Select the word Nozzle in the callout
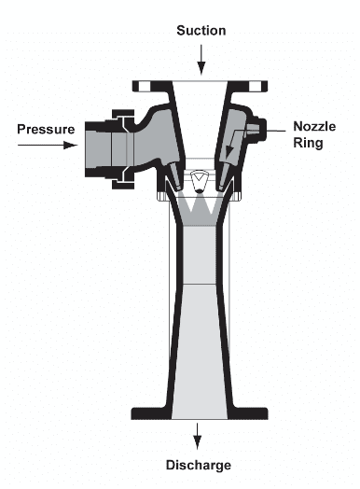tap(317, 126)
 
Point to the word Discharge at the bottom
tap(199, 464)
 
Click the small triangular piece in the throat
tap(198, 178)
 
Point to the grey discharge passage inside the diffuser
tap(198, 327)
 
